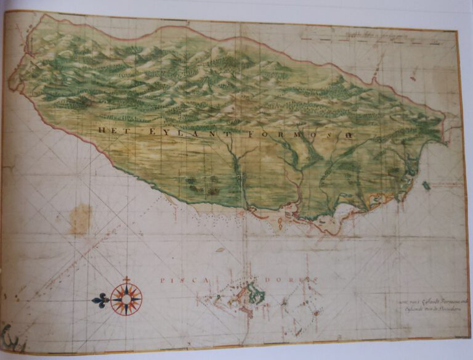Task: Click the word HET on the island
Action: click(109, 129)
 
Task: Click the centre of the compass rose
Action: click(126, 300)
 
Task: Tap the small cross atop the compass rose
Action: click(126, 279)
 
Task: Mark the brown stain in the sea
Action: click(80, 219)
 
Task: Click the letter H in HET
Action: click(100, 129)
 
